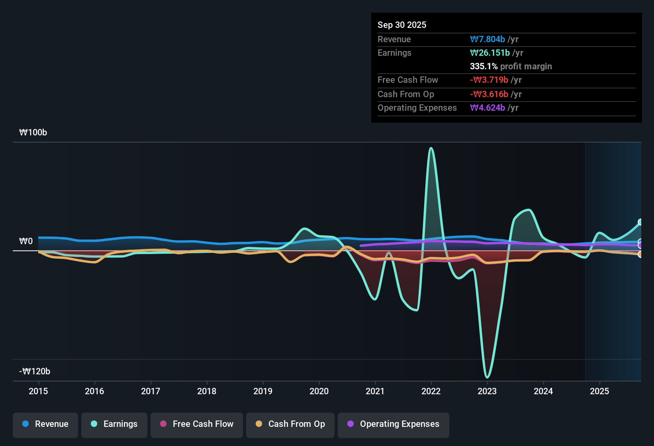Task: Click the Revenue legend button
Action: (x=45, y=425)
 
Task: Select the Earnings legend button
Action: (x=114, y=425)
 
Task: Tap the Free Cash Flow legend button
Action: (x=196, y=425)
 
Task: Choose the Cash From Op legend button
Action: (x=290, y=425)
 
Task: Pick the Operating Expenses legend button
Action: (x=393, y=425)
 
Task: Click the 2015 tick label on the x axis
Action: (x=38, y=391)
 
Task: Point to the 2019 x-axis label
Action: (x=263, y=391)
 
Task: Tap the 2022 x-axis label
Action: (x=431, y=391)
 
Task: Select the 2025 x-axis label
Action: (x=599, y=391)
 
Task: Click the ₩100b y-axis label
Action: (x=33, y=133)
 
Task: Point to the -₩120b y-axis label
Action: (x=35, y=371)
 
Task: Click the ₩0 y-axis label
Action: (x=26, y=241)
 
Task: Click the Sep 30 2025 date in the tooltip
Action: (x=402, y=25)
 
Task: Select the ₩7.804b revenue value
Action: (x=487, y=39)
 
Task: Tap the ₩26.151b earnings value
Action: (x=490, y=53)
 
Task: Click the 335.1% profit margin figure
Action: (x=484, y=66)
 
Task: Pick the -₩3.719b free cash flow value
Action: (x=489, y=80)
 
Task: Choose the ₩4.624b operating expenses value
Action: (x=487, y=108)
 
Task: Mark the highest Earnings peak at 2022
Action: (x=431, y=148)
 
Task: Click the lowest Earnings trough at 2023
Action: (x=487, y=378)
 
